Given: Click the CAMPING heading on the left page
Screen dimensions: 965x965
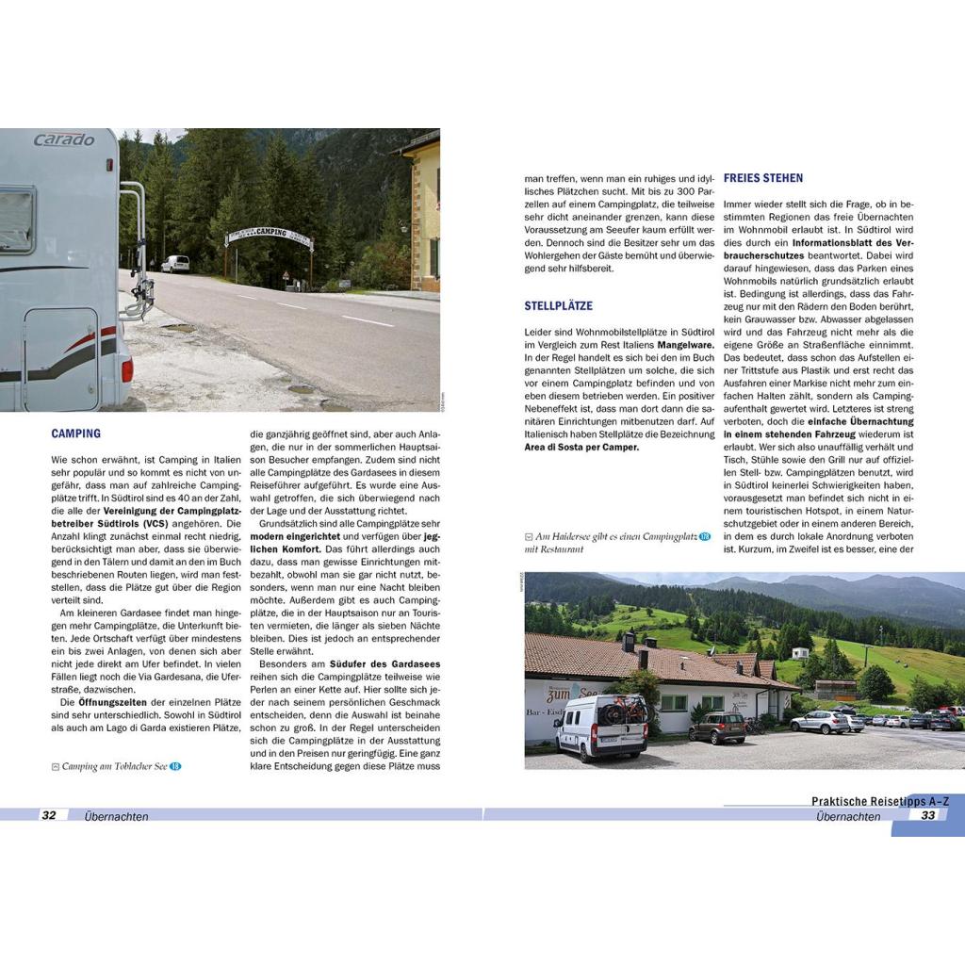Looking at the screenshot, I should click(x=76, y=433).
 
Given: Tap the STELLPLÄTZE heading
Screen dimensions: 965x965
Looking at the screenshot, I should click(x=558, y=306).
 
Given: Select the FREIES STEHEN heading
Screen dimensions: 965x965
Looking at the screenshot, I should click(x=762, y=177).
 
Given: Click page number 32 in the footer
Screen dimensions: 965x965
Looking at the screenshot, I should click(x=50, y=815).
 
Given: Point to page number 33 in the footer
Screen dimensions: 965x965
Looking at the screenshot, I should click(x=928, y=815).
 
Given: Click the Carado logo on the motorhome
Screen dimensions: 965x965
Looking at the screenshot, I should click(x=64, y=139).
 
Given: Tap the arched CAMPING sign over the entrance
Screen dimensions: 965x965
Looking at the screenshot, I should click(x=270, y=234).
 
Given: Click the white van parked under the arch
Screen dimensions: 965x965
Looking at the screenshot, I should click(x=174, y=264).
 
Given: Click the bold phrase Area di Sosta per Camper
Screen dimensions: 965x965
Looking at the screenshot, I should click(x=581, y=447).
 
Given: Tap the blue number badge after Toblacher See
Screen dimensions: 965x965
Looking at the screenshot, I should click(x=175, y=766).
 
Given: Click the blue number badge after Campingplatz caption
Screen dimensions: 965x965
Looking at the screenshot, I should click(x=704, y=536).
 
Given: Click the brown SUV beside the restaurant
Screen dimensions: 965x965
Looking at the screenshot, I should click(x=716, y=727).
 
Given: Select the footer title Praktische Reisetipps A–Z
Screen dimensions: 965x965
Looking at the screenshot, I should click(x=880, y=801).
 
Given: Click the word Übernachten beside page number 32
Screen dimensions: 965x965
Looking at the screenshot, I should click(x=116, y=816).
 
